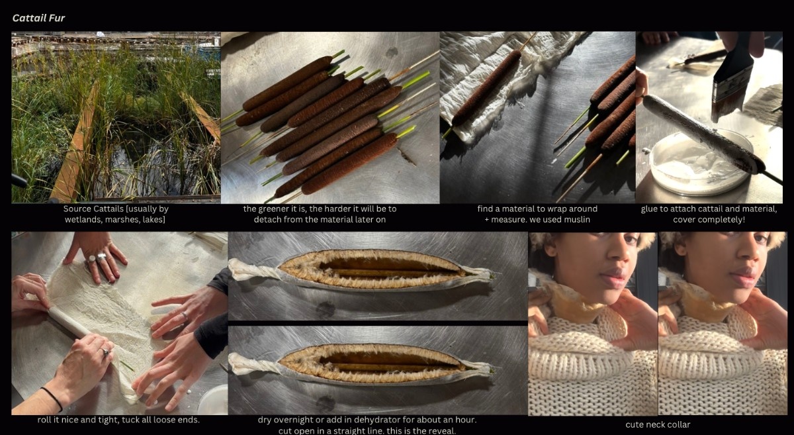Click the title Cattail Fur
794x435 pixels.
click(x=38, y=18)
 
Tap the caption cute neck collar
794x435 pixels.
click(x=658, y=424)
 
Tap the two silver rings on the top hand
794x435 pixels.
click(x=97, y=259)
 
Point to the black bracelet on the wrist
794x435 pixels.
click(x=52, y=398)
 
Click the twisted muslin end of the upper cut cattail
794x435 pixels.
click(x=253, y=269)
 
